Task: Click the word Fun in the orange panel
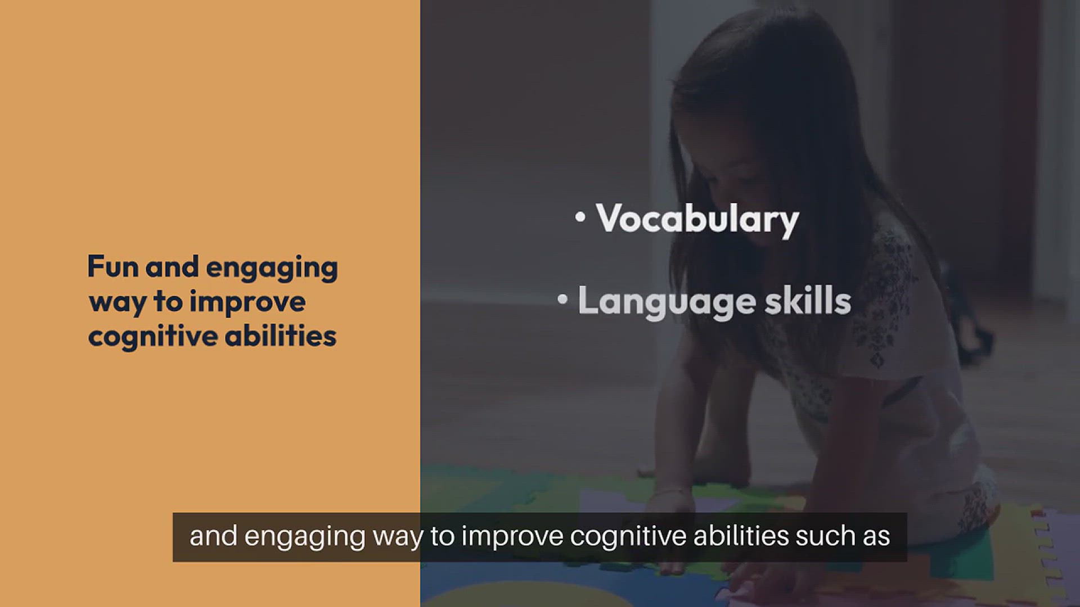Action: coord(113,266)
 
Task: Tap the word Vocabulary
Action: coord(697,219)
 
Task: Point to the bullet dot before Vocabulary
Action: coord(580,217)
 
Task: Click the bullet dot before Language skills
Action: coord(562,300)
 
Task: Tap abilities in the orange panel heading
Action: coord(280,336)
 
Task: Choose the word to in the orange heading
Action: coord(168,302)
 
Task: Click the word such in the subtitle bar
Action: coord(820,536)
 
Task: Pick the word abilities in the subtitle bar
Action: coord(741,536)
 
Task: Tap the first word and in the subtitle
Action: coord(213,536)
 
